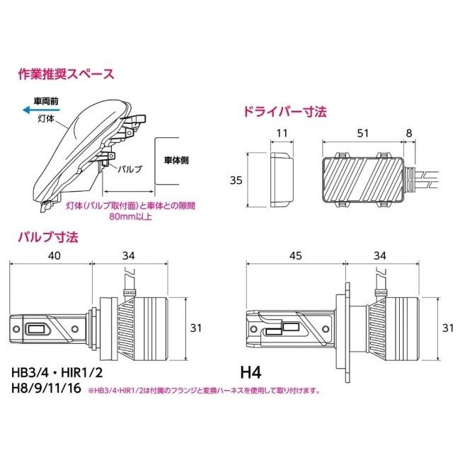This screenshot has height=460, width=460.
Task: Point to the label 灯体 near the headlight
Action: tap(47, 120)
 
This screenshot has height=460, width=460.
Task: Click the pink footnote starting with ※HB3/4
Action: tap(204, 390)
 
